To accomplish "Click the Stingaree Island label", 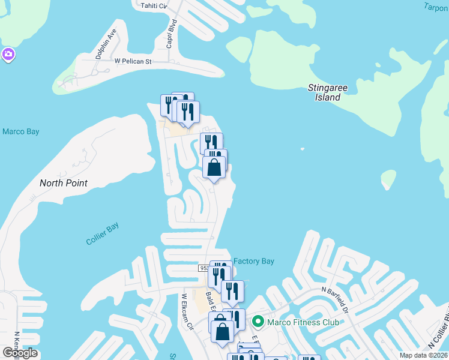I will pos(327,92).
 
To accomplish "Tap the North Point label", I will pos(64,183).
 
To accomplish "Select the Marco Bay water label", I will pos(20,131).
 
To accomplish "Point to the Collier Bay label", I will pos(102,233).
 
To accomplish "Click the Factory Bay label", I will pos(253,261).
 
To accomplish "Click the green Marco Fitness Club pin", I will pos(258,322).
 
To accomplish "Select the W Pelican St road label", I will pos(133,61).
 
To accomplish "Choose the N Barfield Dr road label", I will pos(336,298).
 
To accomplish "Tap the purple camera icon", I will pos(8,55).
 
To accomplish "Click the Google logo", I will pos(19,353).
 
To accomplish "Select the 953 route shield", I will pos(204,268).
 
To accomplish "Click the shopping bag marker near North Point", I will pos(214,168).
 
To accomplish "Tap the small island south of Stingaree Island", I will pos(388,179).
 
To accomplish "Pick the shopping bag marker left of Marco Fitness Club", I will pos(222,332).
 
